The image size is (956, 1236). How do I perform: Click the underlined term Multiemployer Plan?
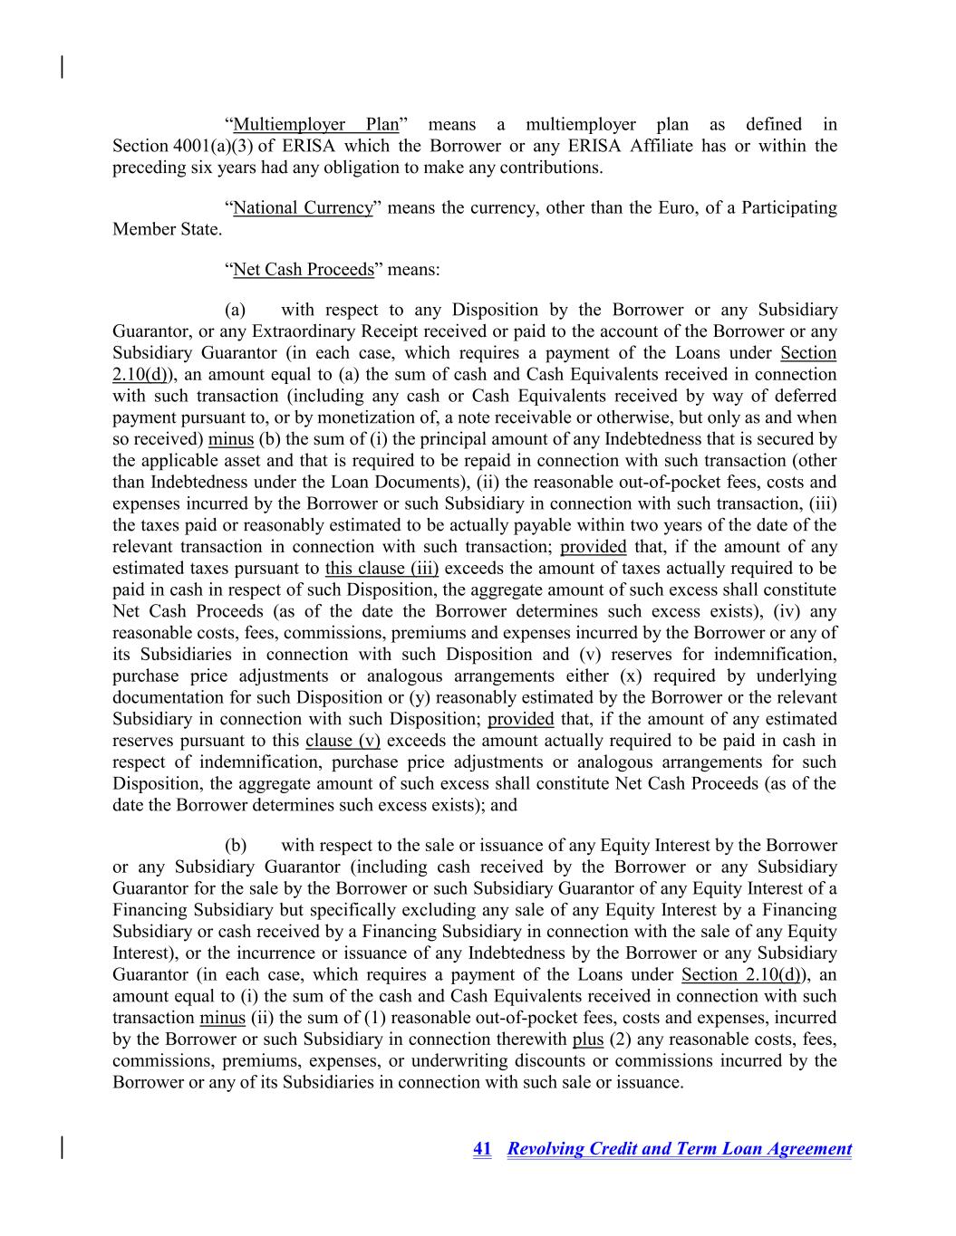[x=315, y=125]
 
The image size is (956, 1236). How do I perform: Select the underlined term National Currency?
[x=303, y=208]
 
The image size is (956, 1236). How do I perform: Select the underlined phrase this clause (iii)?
[x=381, y=569]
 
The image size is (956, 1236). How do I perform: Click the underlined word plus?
[x=588, y=1040]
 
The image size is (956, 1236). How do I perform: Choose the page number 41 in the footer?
[x=482, y=1149]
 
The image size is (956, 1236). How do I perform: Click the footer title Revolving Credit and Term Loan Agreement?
[x=680, y=1149]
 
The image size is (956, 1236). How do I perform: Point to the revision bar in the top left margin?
[x=62, y=67]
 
